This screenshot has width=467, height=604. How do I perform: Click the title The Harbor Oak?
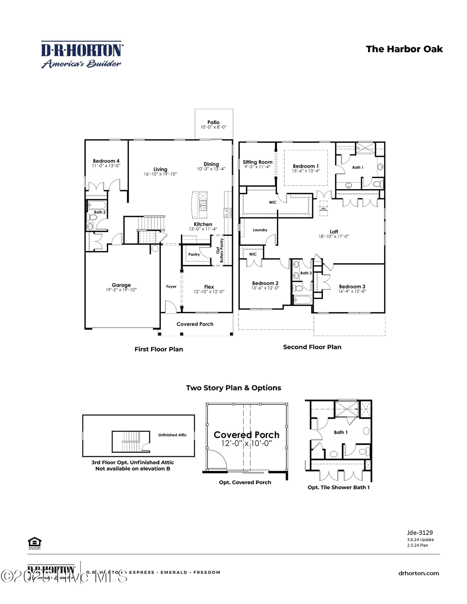[404, 49]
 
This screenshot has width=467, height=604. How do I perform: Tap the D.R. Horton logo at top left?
[82, 55]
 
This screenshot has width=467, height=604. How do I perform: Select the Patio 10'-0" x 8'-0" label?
[213, 124]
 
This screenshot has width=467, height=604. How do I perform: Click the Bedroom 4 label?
[106, 161]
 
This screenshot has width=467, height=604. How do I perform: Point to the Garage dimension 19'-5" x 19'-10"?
[121, 290]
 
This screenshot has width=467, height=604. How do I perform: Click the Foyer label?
[171, 287]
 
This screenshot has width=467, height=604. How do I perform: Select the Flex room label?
[209, 287]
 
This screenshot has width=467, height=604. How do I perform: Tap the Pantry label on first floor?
[194, 255]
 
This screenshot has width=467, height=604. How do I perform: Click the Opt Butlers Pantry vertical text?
[220, 250]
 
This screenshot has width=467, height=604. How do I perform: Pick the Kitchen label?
[203, 224]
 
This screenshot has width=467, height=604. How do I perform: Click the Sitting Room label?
[258, 162]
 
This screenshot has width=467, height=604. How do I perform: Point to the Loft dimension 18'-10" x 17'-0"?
[334, 236]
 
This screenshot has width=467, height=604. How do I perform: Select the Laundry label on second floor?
[260, 230]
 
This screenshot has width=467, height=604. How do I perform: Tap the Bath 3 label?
[306, 273]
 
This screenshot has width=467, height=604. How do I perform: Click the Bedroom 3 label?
[352, 287]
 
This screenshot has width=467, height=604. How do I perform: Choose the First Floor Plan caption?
[159, 349]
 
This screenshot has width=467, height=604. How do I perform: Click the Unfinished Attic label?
[172, 435]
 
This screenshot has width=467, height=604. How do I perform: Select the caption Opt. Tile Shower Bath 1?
[339, 487]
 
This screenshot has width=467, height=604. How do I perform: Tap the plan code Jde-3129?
[420, 533]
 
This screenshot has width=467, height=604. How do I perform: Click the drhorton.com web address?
[418, 573]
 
